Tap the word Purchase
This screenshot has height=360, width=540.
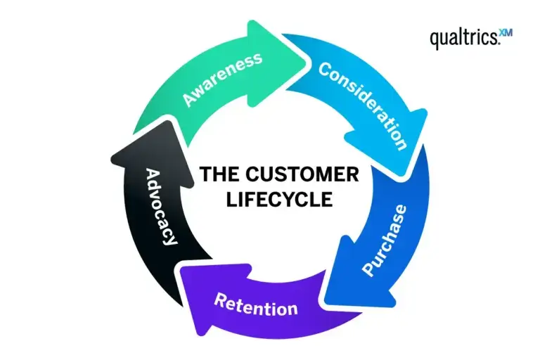pos(384,240)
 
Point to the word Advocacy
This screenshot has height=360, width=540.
pos(160,205)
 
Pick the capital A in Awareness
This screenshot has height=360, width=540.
pos(188,99)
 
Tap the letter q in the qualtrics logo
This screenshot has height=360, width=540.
pos(436,40)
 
